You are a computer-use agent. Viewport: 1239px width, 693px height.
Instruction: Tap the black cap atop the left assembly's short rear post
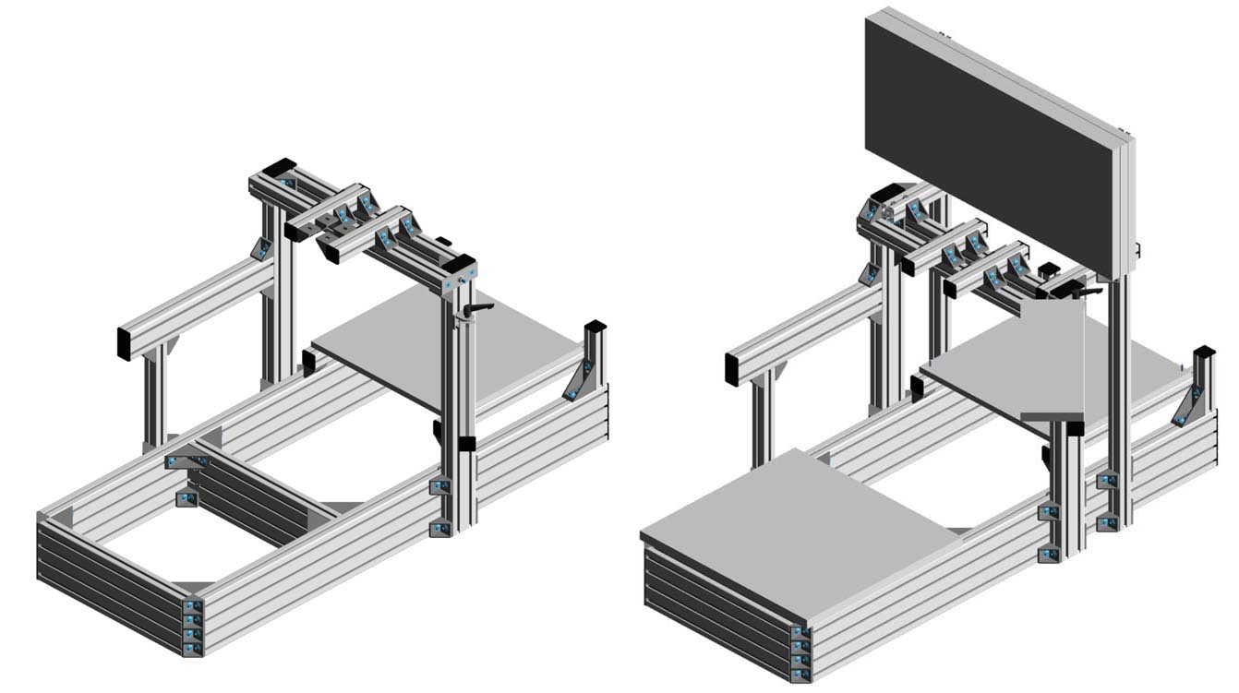(595, 327)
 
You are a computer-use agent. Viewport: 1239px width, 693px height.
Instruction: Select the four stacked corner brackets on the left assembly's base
(192, 627)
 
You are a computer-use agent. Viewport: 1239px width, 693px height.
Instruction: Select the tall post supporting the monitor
(1120, 397)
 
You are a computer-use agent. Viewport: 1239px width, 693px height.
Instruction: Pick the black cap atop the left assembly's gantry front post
(460, 262)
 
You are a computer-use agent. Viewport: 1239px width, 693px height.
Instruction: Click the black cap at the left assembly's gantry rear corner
(275, 168)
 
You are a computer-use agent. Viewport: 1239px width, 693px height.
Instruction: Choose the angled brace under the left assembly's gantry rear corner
(261, 248)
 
